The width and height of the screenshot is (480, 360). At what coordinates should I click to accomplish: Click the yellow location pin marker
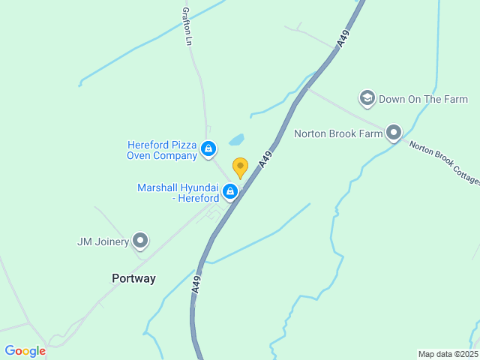[240, 167]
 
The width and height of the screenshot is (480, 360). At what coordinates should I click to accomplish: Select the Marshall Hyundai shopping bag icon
[230, 193]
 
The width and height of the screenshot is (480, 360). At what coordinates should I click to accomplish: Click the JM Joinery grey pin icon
[140, 241]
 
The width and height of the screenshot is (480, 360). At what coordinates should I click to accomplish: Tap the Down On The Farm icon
[367, 98]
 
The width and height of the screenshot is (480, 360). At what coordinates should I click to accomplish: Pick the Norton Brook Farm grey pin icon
[394, 133]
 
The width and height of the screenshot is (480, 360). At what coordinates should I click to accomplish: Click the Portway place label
[133, 278]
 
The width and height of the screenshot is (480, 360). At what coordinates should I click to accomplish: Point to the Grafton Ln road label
[187, 27]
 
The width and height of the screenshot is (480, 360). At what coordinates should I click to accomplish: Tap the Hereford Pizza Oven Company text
[161, 150]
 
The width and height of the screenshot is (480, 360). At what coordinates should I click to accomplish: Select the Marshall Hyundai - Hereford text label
[178, 193]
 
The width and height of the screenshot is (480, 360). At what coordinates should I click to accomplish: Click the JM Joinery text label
[103, 241]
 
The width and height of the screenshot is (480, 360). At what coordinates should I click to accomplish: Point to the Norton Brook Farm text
[338, 134]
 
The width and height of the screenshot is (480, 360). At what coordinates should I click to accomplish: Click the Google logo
[25, 351]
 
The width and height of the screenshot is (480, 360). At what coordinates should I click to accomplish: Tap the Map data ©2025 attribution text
[447, 354]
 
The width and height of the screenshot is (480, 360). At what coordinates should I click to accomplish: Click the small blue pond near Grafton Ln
[237, 140]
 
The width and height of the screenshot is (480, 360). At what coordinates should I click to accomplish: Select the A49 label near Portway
[196, 283]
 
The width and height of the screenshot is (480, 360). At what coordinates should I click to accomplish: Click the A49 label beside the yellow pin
[265, 158]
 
